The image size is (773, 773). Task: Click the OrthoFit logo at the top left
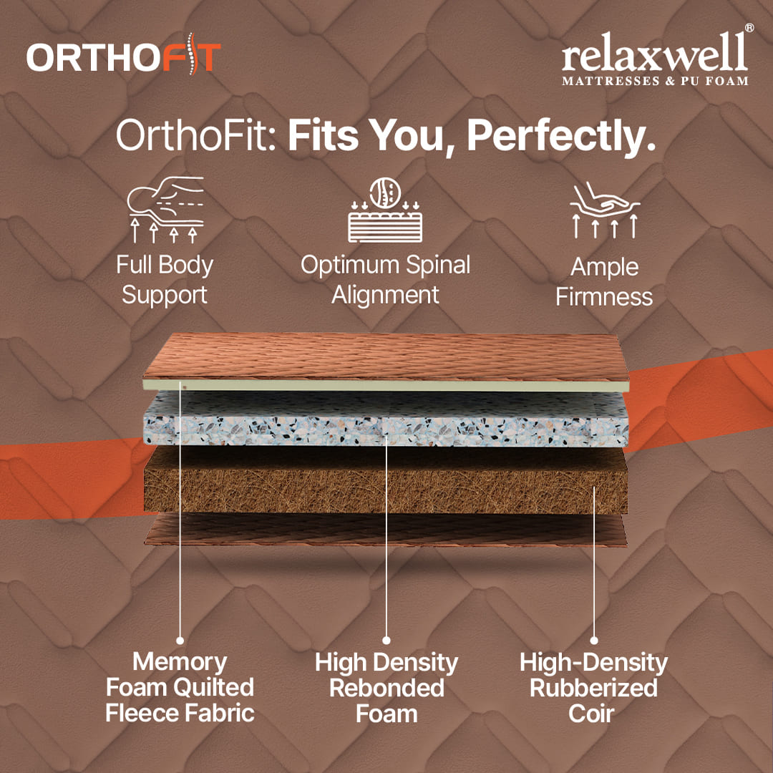pyautogui.click(x=123, y=55)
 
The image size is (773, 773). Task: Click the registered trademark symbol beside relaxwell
pyautogui.click(x=749, y=28)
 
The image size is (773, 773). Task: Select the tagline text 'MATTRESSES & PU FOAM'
pyautogui.click(x=655, y=80)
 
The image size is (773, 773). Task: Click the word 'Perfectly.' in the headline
pyautogui.click(x=561, y=135)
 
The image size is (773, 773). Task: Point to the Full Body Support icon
pyautogui.click(x=165, y=209)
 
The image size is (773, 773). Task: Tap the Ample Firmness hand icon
pyautogui.click(x=605, y=210)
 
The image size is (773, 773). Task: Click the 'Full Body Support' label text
pyautogui.click(x=165, y=280)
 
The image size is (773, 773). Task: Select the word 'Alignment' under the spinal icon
pyautogui.click(x=385, y=296)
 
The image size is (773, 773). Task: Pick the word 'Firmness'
pyautogui.click(x=604, y=297)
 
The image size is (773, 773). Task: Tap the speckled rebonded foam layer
pyautogui.click(x=386, y=419)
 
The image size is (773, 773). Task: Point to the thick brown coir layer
pyautogui.click(x=386, y=481)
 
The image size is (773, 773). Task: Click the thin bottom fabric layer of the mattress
pyautogui.click(x=386, y=530)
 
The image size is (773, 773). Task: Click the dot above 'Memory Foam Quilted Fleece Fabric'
pyautogui.click(x=180, y=641)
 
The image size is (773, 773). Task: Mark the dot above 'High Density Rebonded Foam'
pyautogui.click(x=386, y=641)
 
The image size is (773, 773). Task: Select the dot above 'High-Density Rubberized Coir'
pyautogui.click(x=594, y=641)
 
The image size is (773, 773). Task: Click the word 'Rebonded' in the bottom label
pyautogui.click(x=387, y=689)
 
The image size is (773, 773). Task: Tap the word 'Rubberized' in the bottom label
pyautogui.click(x=593, y=689)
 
